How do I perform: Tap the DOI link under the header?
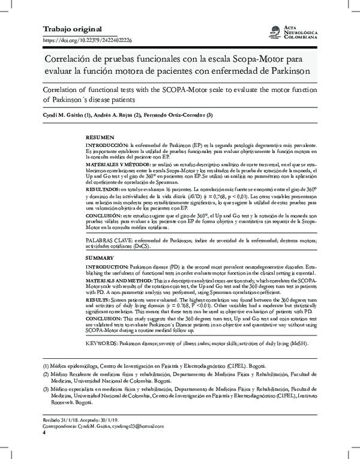88,40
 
